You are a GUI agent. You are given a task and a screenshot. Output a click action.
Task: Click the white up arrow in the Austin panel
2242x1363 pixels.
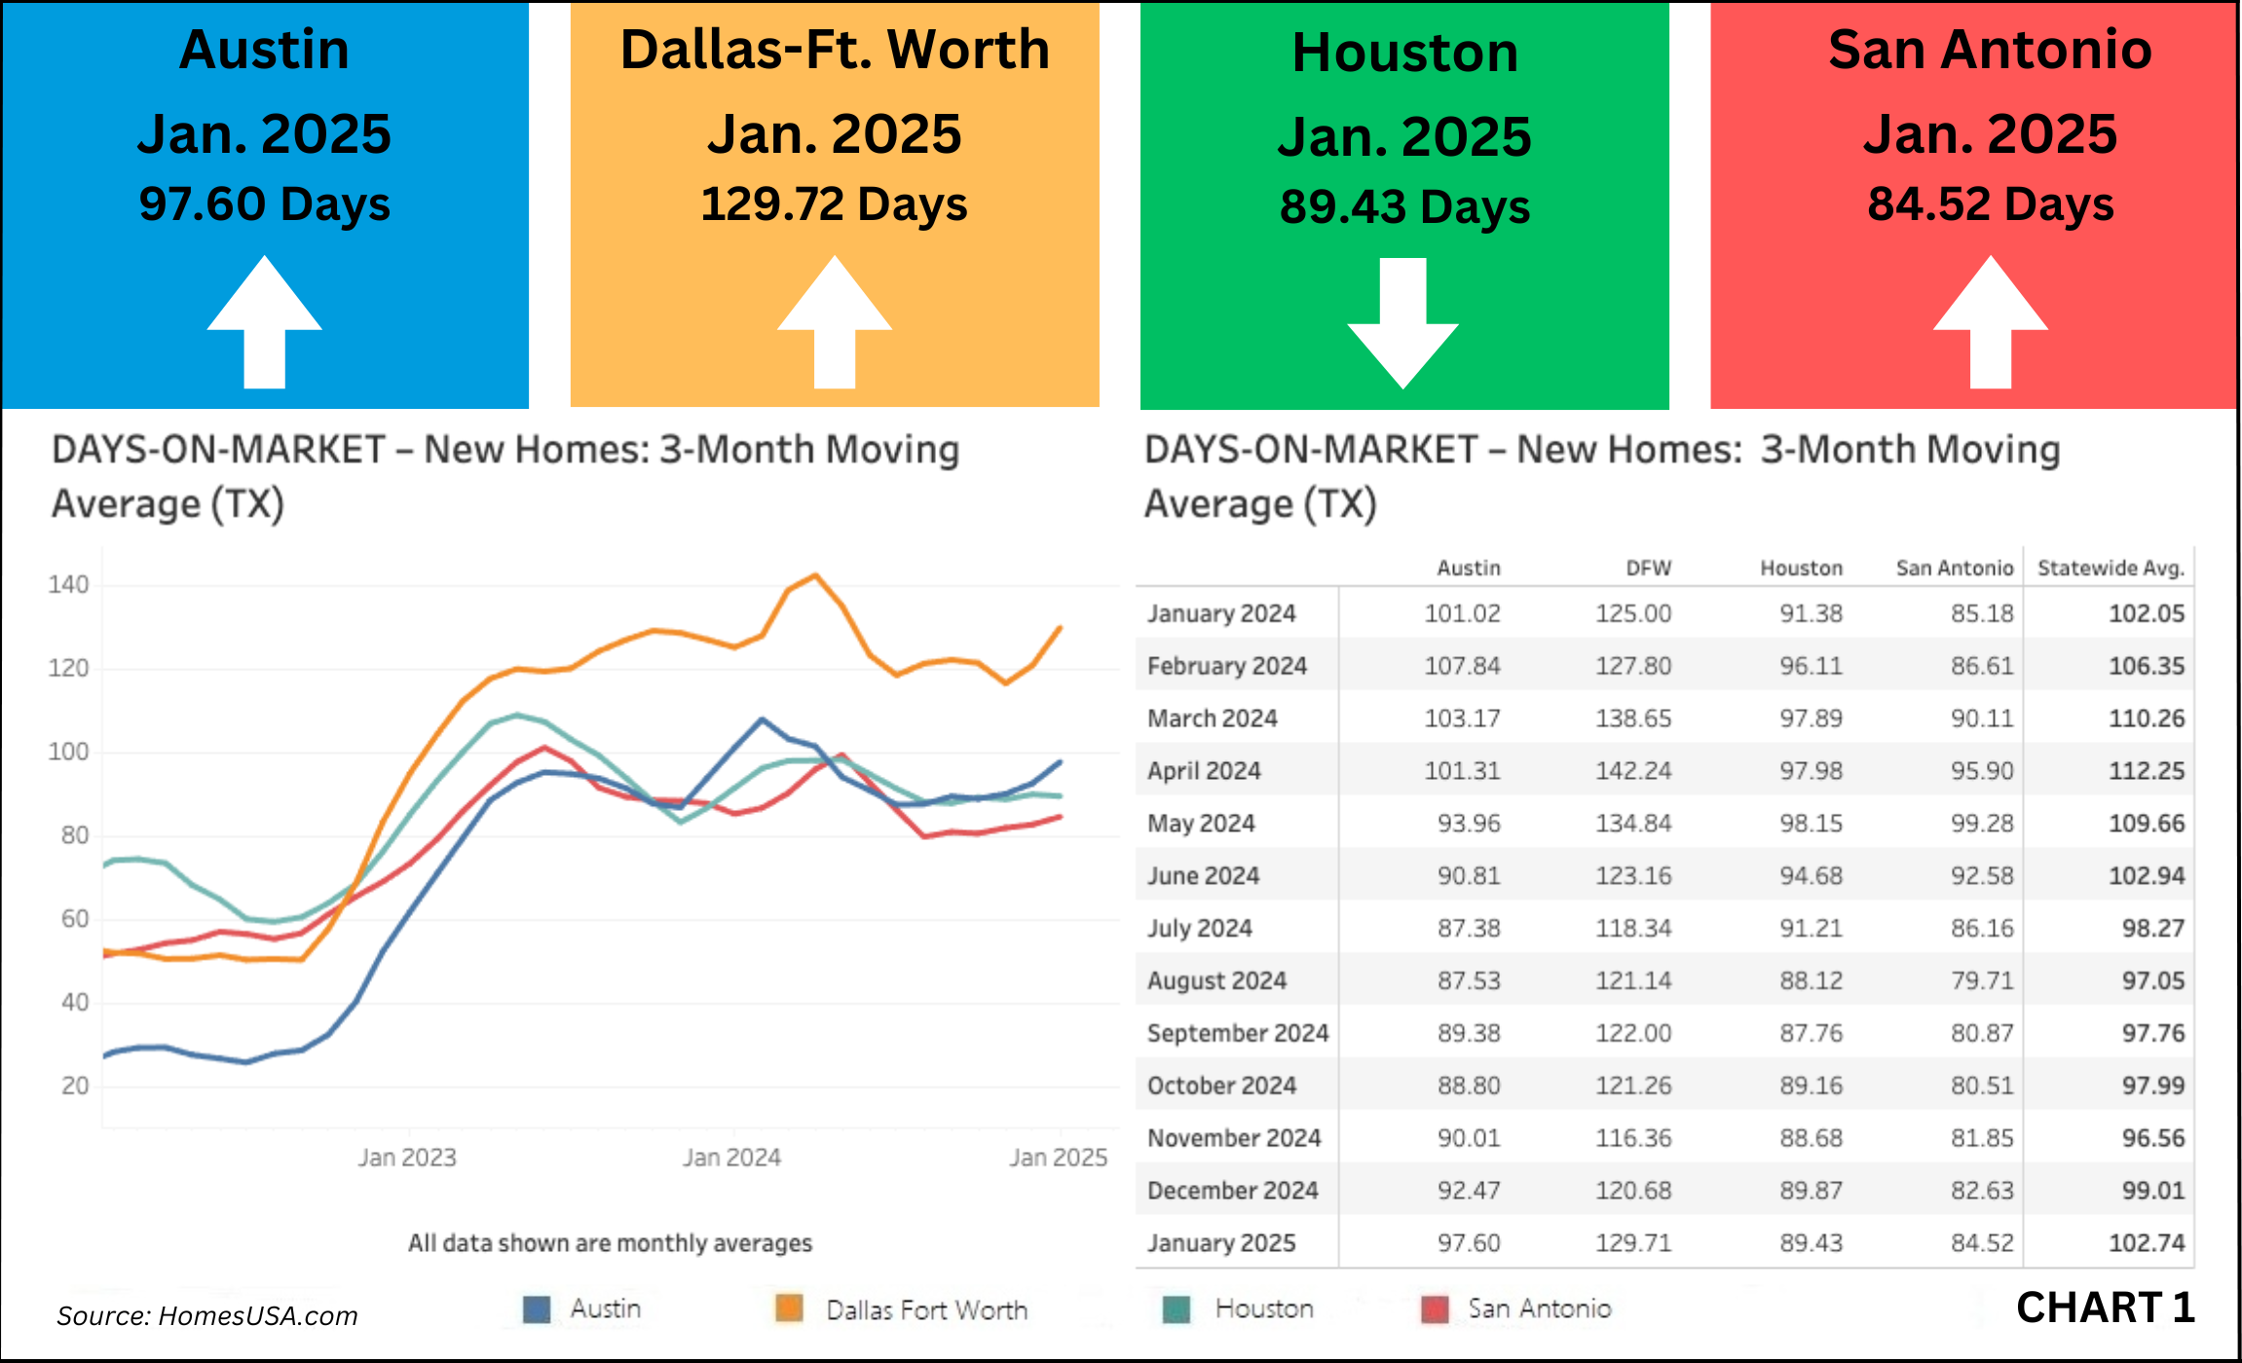(264, 321)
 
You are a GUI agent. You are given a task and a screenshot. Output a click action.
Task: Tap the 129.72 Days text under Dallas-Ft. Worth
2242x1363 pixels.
(834, 204)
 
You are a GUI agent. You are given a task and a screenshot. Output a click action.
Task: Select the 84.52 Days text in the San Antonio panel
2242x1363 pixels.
(1990, 204)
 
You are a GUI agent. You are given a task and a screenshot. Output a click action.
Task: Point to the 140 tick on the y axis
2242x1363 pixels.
(68, 584)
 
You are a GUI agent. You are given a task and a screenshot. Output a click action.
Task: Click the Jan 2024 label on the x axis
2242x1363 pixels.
(731, 1157)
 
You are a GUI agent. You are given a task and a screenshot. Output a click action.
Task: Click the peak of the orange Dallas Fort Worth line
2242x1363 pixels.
(816, 575)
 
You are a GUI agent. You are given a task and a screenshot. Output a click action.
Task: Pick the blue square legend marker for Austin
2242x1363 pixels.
(537, 1309)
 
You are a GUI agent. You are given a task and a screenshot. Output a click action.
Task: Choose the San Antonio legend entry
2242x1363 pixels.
(1539, 1308)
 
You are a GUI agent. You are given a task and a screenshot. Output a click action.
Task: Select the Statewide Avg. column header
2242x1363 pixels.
(2111, 568)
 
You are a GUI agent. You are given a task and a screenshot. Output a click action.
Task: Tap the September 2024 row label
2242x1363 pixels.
(1237, 1033)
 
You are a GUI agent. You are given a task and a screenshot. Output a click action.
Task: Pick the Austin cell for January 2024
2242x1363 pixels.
(1462, 613)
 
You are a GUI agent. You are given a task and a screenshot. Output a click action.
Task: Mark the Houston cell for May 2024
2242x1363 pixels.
(1811, 823)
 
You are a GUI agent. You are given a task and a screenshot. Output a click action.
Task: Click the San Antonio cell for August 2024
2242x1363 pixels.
(1981, 980)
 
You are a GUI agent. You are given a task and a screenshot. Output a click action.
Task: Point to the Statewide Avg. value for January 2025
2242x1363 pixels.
(2147, 1242)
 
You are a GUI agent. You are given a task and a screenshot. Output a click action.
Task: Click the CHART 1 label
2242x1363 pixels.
(2105, 1307)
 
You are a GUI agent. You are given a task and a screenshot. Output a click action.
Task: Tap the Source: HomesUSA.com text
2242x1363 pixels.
(207, 1315)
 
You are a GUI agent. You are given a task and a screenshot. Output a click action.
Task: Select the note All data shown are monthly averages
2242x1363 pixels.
(610, 1242)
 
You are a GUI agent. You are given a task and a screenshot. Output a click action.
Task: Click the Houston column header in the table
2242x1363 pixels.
(1801, 568)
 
